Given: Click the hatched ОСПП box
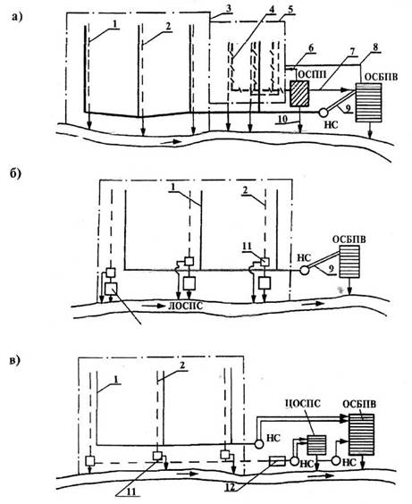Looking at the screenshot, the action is pos(299,94).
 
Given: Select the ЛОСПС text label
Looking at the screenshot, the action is pos(186,306).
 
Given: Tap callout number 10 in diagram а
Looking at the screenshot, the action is pos(282,119).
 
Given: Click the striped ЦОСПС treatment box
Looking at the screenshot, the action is pos(316,444).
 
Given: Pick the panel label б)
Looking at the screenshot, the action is pos(15,173).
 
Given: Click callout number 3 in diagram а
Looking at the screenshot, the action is pos(229,8).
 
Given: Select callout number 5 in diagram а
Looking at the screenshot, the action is pos(290,9).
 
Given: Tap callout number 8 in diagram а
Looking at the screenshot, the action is pos(375,47).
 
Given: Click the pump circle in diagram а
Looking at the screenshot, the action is pos(323,113).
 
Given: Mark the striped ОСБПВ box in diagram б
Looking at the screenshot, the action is pos(349,261).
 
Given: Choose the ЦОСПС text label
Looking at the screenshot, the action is pos(303,403).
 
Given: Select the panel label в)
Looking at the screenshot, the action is pos(15,361).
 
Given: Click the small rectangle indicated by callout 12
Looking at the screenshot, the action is pos(277,461).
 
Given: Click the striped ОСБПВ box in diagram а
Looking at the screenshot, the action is pos(368,103).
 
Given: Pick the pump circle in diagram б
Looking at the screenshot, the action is pos(304,271).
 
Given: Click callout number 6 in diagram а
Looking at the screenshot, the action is pos(311,48).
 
